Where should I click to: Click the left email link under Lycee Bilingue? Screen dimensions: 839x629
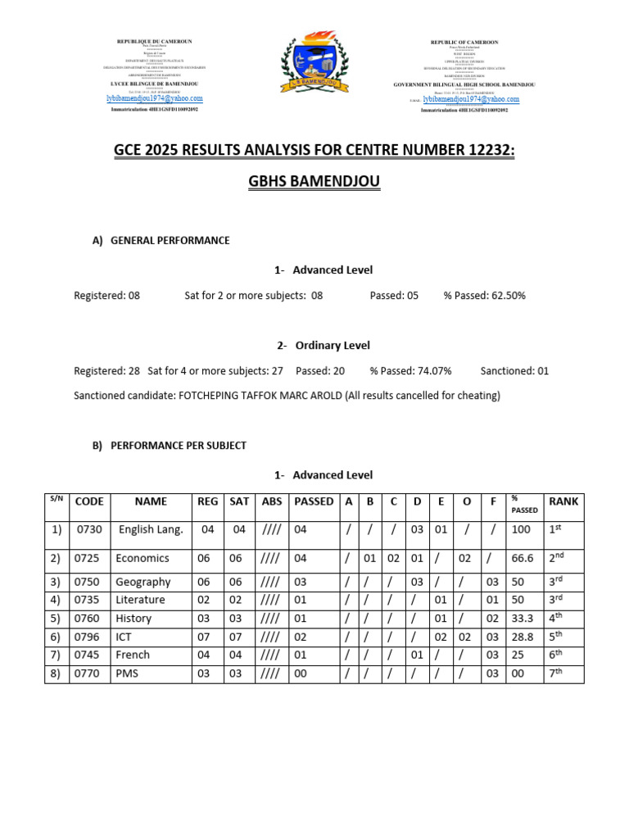click(x=154, y=98)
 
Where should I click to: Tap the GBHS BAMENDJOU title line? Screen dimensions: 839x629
click(x=314, y=181)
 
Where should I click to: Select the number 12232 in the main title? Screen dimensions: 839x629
click(x=484, y=151)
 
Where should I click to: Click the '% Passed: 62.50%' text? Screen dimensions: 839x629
click(x=484, y=296)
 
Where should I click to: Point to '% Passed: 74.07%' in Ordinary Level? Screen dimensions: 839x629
click(x=410, y=371)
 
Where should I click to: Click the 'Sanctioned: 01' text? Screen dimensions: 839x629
click(x=514, y=371)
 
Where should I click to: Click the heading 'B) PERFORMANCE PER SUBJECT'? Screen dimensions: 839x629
click(x=169, y=446)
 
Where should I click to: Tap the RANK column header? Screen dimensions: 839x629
click(x=563, y=501)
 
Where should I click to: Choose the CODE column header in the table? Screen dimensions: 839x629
click(x=88, y=501)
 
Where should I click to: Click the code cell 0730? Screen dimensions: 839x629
click(x=89, y=530)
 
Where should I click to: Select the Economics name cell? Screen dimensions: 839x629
click(x=143, y=558)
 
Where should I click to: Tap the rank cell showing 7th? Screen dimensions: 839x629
click(x=556, y=673)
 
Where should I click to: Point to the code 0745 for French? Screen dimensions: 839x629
click(x=89, y=655)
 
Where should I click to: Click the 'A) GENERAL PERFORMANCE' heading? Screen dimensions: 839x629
click(x=161, y=241)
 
